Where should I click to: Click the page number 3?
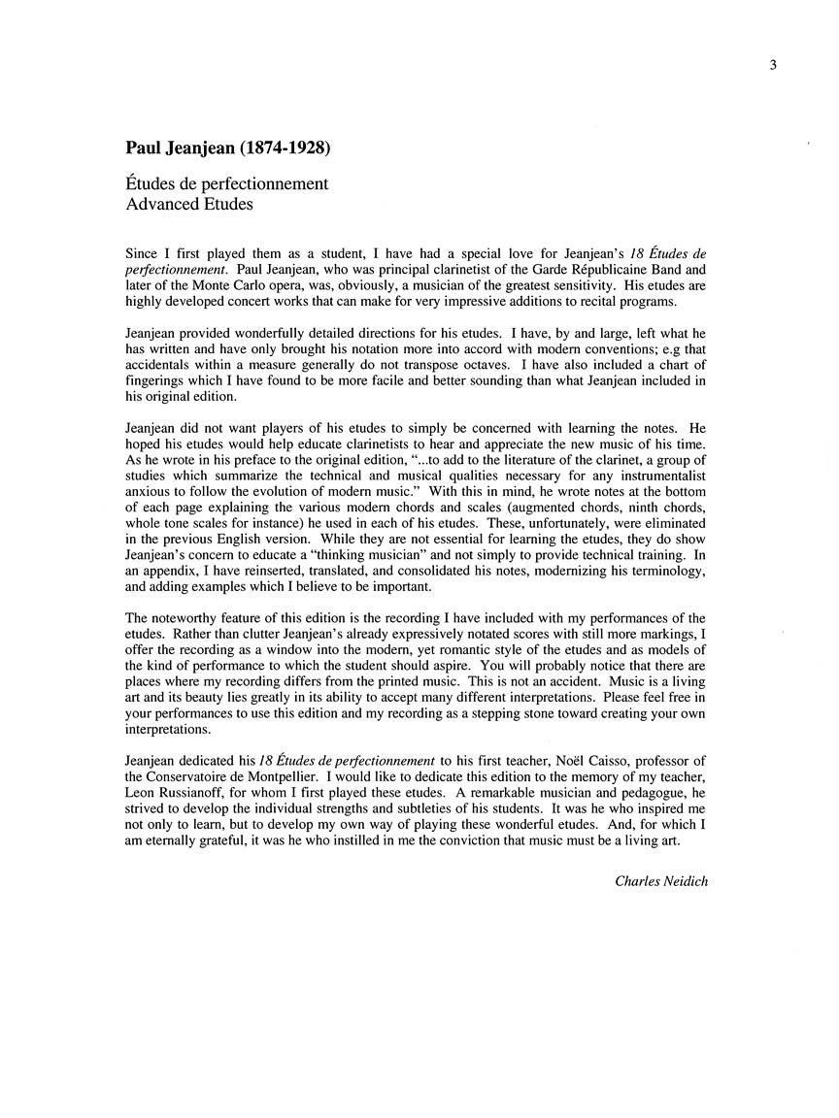click(x=770, y=65)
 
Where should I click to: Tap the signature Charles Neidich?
click(x=661, y=880)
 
